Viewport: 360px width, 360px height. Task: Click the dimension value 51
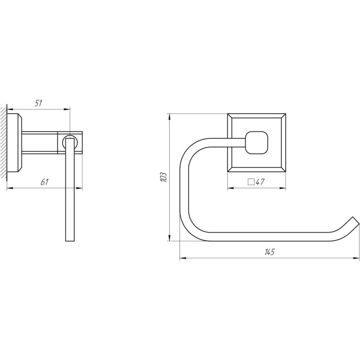coord(39,103)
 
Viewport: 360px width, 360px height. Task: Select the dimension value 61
coord(45,182)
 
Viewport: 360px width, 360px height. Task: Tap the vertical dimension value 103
coord(163,177)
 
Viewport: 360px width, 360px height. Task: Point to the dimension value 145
coord(269,252)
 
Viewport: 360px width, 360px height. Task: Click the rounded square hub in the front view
coord(257,142)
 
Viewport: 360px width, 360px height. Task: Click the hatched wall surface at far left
coord(4,142)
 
